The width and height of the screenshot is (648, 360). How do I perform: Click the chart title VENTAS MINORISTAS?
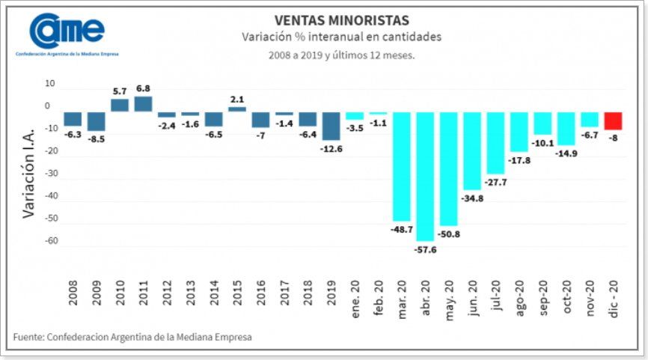pos(341,19)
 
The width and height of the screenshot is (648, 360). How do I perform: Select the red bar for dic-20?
pos(613,120)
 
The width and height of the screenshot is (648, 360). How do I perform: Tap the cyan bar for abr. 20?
pos(425,176)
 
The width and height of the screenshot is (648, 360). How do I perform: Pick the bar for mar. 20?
pos(402,166)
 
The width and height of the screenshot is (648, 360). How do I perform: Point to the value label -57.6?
pos(425,248)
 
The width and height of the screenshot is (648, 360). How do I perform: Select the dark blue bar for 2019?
pos(331,126)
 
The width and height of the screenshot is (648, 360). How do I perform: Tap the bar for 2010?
pos(120,105)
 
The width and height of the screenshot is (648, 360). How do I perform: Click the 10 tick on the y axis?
pos(50,84)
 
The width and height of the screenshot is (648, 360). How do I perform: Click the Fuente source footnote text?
pos(132,338)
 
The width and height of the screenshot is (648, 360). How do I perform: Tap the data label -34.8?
pos(472,198)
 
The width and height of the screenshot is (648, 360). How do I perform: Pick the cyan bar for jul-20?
pos(495,142)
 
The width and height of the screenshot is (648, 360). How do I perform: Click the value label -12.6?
pos(331,148)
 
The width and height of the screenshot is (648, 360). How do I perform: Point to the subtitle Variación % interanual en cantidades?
pos(341,37)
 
